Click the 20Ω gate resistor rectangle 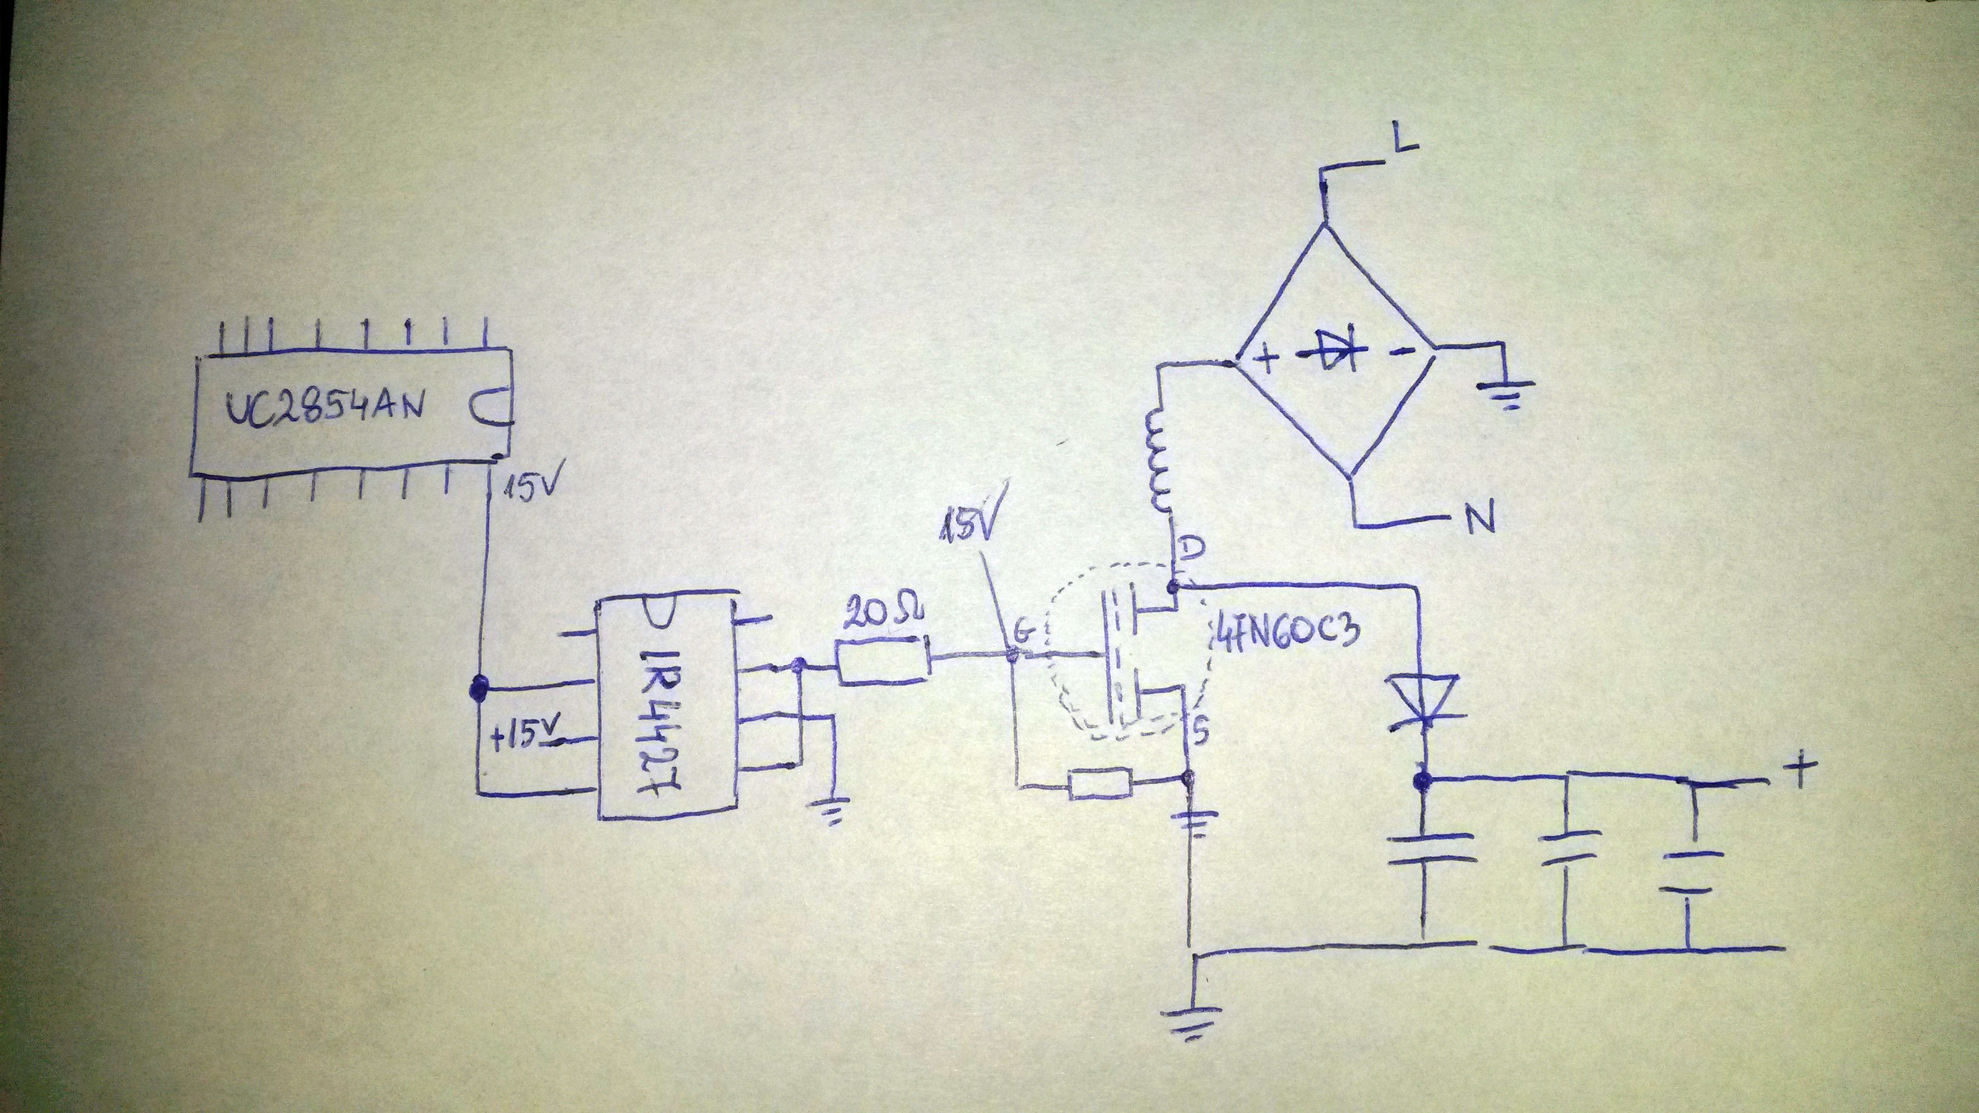[x=883, y=661]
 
